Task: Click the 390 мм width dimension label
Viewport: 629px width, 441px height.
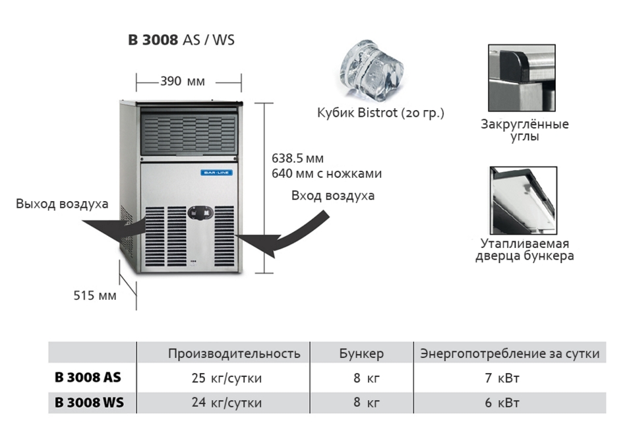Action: [x=183, y=81]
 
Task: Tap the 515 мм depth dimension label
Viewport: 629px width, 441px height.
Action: [x=95, y=295]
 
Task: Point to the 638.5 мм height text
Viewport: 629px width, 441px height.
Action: [x=297, y=158]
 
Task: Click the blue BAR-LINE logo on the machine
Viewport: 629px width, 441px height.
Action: [x=216, y=173]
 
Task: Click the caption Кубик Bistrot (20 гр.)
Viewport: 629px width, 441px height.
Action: [x=380, y=113]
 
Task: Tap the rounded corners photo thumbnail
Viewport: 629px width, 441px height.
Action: [x=522, y=78]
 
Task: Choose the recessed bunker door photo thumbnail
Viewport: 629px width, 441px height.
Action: [x=523, y=200]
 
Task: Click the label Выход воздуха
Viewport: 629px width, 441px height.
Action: [x=62, y=204]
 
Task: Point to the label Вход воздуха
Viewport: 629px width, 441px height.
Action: [x=333, y=196]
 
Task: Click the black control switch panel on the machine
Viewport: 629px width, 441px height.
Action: [x=200, y=213]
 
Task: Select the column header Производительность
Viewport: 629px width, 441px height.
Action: [x=234, y=353]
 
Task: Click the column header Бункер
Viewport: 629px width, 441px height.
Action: [x=361, y=353]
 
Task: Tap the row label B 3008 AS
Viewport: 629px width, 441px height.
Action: [x=88, y=377]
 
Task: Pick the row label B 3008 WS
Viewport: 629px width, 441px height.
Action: [x=89, y=402]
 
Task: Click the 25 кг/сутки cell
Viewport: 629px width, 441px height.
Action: [x=227, y=378]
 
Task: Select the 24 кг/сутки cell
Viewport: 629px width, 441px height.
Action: [x=227, y=403]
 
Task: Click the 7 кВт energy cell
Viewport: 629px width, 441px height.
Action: [x=502, y=378]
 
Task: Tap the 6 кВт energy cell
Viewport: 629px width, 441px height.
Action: [x=502, y=403]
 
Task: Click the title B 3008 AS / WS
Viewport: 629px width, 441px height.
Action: [x=181, y=40]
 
